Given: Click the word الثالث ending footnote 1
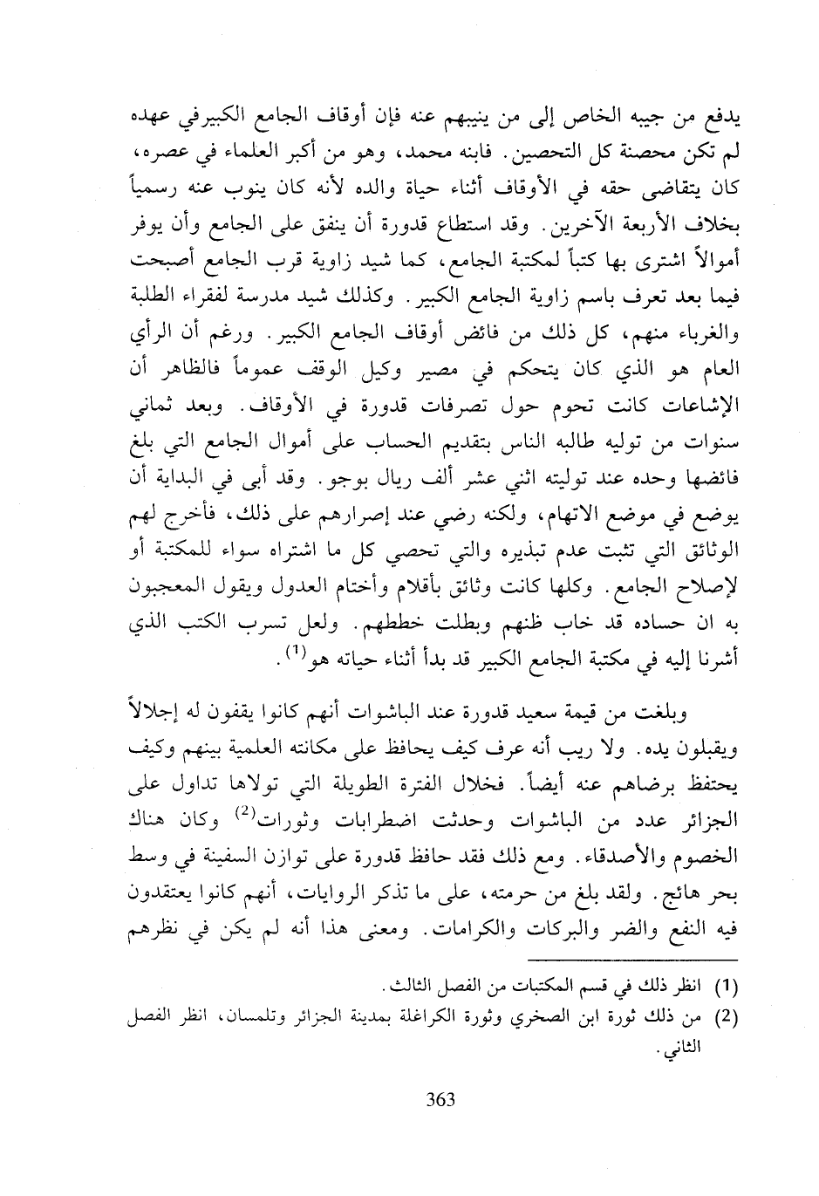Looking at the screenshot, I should (396, 988).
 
